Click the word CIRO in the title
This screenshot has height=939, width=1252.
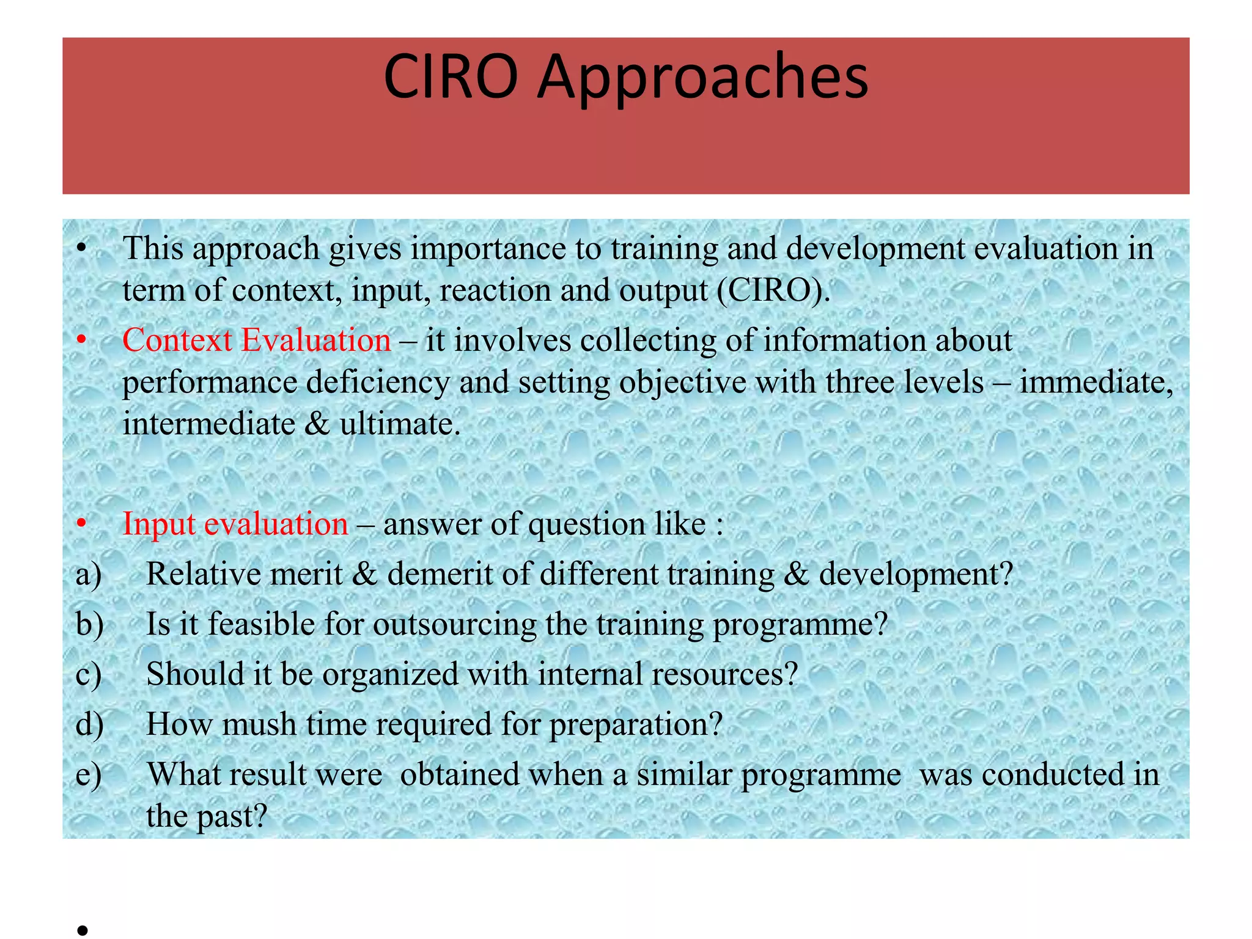[451, 77]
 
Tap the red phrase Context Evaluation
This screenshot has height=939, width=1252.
[256, 340]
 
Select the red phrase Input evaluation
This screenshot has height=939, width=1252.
[235, 524]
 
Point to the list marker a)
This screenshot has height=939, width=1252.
[89, 575]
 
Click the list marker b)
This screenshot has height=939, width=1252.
[89, 625]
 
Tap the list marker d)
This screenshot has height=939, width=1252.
[89, 724]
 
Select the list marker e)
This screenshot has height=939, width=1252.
[89, 775]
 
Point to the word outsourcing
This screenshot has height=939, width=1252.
[454, 625]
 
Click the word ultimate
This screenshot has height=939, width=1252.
[399, 424]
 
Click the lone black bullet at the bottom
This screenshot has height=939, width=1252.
[83, 930]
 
